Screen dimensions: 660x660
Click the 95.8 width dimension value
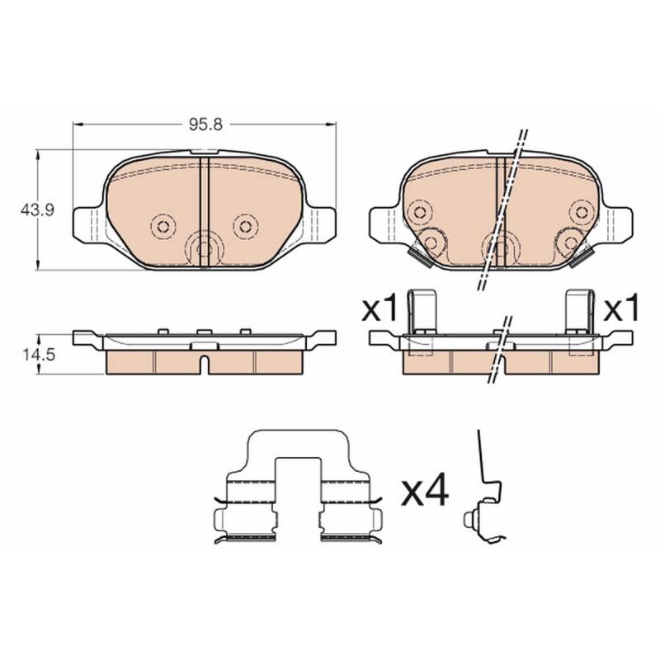coord(205,125)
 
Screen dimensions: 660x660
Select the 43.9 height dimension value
coord(37,210)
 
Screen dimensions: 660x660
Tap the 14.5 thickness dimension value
coord(37,355)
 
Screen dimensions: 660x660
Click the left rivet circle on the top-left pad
coord(163,226)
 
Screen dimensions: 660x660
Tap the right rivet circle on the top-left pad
coord(245,226)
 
